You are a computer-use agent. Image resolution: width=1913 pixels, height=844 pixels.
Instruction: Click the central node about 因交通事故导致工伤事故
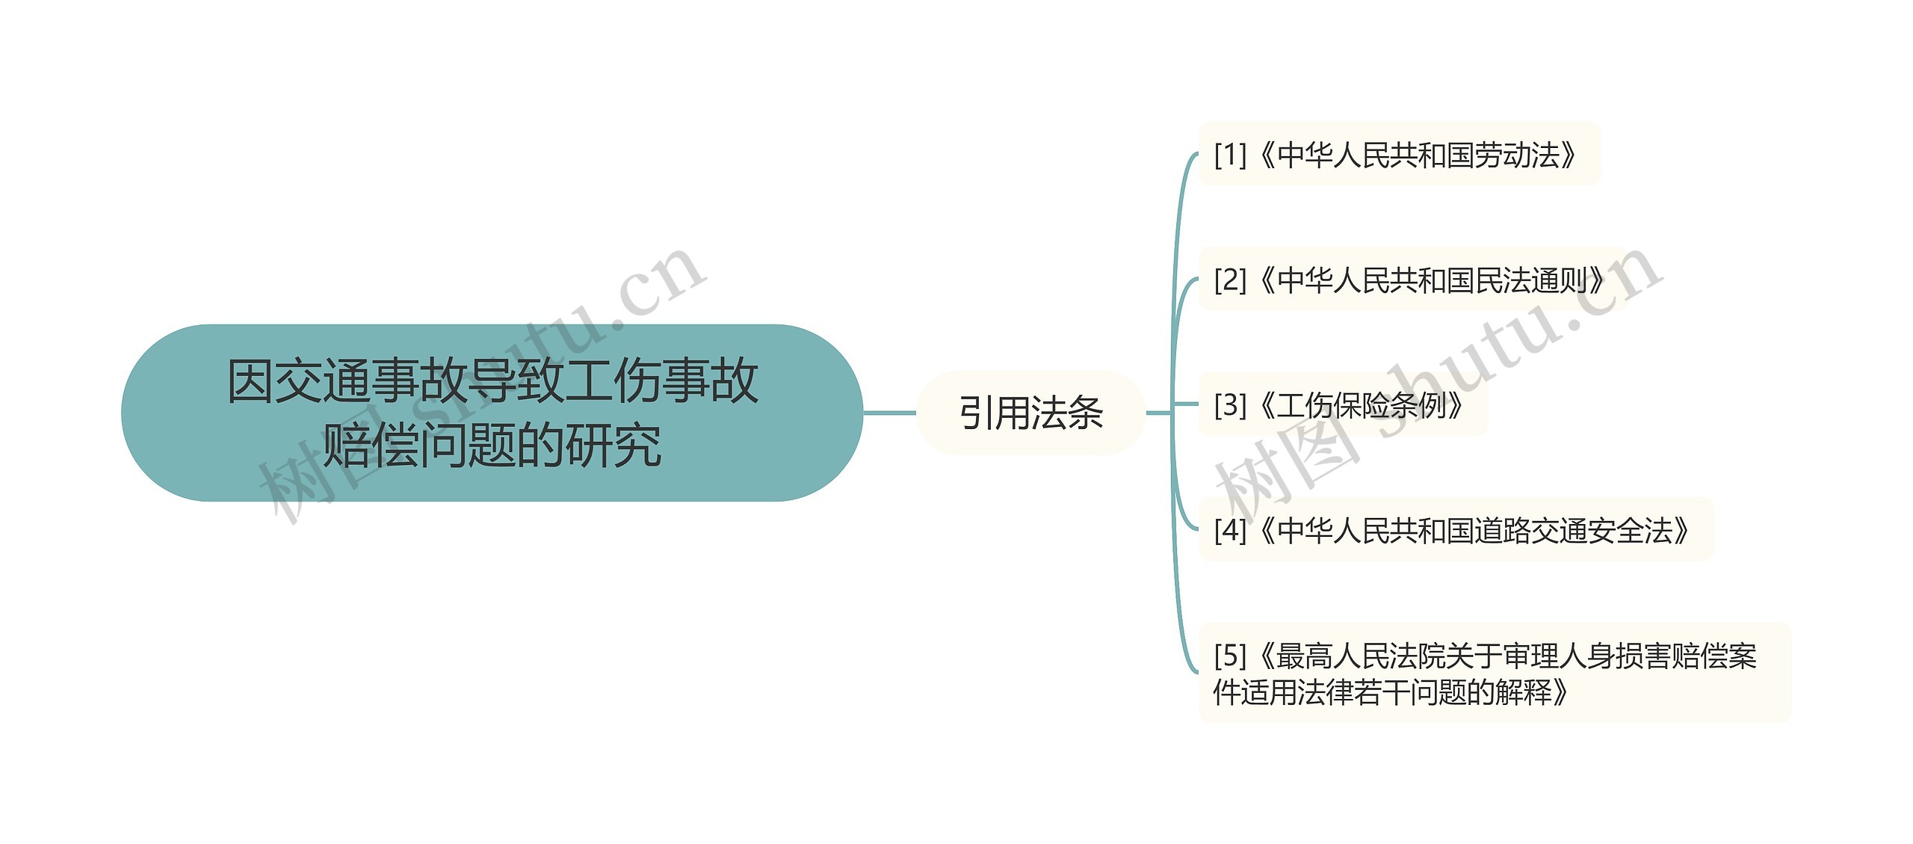(x=492, y=412)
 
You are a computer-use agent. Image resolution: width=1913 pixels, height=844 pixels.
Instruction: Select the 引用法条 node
(x=1030, y=413)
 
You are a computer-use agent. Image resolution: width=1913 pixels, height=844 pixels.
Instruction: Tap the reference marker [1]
(x=1230, y=155)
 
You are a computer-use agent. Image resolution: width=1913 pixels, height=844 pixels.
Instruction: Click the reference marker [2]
(x=1230, y=280)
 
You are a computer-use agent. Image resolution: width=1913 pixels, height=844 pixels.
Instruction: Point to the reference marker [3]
(x=1230, y=405)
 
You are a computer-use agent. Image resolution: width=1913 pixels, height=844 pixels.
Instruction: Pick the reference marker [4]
(x=1230, y=530)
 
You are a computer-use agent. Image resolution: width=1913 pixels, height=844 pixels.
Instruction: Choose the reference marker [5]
(x=1230, y=656)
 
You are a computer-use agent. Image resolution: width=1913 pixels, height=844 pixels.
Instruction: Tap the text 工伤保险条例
(x=1361, y=405)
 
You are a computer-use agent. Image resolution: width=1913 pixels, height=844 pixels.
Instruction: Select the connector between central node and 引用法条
(x=889, y=413)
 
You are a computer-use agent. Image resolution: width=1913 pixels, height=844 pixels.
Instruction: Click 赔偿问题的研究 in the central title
(x=492, y=446)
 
